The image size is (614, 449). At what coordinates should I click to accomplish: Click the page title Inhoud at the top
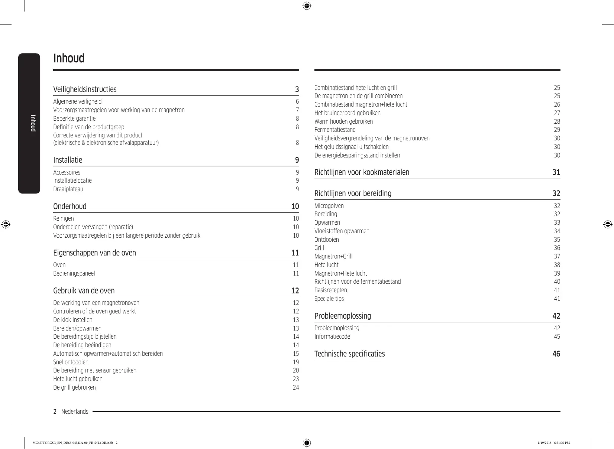pos(69,58)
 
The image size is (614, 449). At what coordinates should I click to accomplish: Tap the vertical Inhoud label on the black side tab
pos(33,123)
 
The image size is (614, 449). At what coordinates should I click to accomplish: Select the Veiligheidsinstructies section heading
pos(85,90)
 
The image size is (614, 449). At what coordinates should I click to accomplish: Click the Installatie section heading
pos(68,160)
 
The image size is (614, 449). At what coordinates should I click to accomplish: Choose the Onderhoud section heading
pos(70,206)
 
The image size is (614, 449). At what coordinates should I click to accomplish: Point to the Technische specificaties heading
pos(349,354)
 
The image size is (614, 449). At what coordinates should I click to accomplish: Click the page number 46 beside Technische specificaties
pos(556,354)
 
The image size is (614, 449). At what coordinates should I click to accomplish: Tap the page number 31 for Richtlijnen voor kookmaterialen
pos(556,172)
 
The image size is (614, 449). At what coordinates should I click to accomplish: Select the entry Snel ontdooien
pos(71,362)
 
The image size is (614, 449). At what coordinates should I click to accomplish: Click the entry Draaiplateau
pos(68,189)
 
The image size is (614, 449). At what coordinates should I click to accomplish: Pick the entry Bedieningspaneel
pos(74,273)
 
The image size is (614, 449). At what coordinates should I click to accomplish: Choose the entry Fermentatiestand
pos(335,130)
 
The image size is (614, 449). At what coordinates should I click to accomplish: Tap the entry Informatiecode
pos(332,336)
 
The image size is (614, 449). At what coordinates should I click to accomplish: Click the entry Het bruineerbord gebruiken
pos(347,113)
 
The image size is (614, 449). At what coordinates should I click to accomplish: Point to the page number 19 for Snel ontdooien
pos(295,362)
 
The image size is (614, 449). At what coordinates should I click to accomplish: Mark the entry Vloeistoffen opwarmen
pos(342,231)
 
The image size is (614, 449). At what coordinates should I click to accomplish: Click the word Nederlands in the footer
pos(75,411)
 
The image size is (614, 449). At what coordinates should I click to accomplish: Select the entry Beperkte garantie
pos(74,118)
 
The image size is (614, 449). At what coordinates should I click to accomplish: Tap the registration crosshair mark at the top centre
pos(307,6)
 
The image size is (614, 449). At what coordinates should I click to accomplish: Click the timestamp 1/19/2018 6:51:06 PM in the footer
pos(554,443)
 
